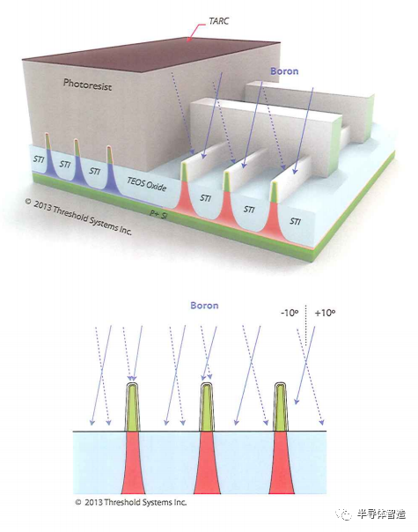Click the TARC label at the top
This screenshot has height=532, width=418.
point(218,21)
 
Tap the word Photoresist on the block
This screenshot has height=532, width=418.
point(87,85)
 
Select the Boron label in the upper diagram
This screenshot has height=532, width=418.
point(284,71)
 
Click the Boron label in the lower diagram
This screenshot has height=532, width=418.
point(204,306)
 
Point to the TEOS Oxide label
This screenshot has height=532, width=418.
point(146,184)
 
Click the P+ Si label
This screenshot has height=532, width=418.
point(158,214)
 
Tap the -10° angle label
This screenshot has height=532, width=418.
point(290,313)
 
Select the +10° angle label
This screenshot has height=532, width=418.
point(325,313)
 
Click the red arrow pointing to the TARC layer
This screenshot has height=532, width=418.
point(196,33)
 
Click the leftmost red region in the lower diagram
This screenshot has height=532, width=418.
point(133,462)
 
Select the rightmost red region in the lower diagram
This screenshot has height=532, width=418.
point(281,462)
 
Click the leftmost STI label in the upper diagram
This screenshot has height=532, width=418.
point(39,159)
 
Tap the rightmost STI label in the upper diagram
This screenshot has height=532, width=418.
point(295,221)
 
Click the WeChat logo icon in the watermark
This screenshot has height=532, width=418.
point(343,514)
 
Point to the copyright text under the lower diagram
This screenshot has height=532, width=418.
point(131,502)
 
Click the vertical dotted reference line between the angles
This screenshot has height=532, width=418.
point(305,325)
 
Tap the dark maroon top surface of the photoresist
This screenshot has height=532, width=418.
point(152,55)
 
